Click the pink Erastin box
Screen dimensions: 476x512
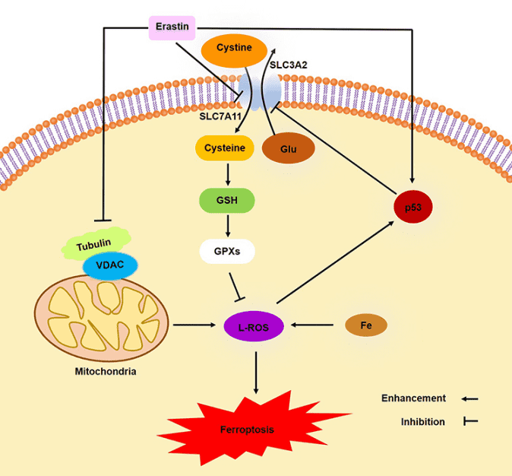[172, 28]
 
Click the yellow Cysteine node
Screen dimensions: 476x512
[225, 148]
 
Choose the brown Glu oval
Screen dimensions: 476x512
[288, 149]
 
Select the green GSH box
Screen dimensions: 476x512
[226, 201]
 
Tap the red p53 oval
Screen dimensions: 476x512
[412, 205]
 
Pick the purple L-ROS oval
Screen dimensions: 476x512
[254, 327]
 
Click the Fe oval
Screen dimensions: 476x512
[365, 325]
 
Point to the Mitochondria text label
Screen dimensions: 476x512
[106, 372]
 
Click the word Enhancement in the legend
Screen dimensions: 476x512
[413, 398]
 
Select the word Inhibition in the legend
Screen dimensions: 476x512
[423, 421]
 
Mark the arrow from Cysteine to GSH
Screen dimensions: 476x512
[226, 174]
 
